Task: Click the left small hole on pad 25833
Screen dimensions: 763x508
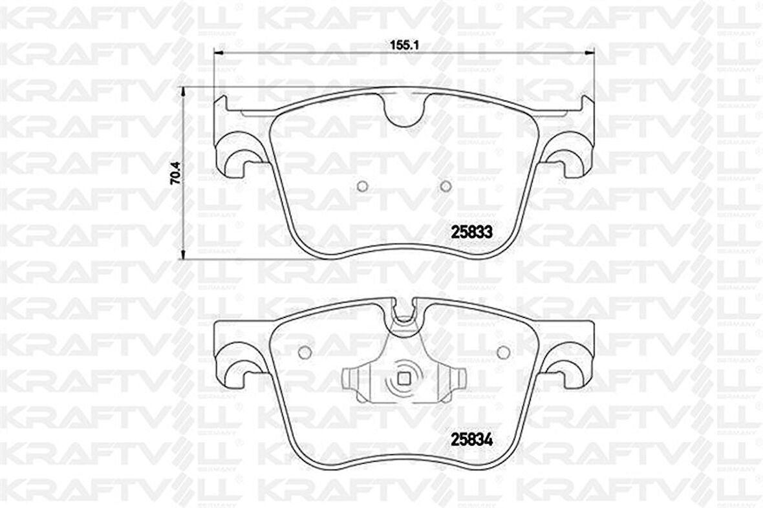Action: pos(362,186)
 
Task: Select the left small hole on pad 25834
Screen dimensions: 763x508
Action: pos(304,352)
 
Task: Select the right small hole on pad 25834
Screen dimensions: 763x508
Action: pos(504,352)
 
